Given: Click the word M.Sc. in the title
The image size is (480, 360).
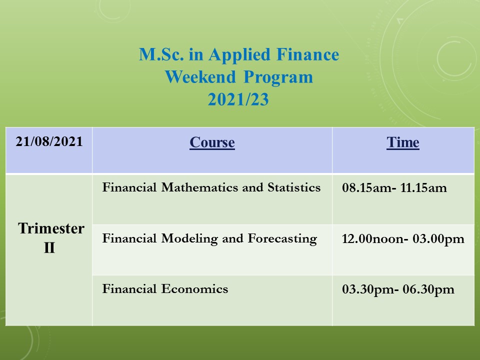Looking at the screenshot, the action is tap(161, 54).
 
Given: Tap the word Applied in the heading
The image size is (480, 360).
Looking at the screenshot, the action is tap(239, 55).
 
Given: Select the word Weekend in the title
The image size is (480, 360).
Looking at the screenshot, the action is tap(200, 77).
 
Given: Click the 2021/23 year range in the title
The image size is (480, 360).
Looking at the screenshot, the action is tap(238, 99).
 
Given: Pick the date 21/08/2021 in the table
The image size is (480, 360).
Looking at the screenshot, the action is tap(49, 141).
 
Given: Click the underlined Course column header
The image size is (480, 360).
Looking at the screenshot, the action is tap(212, 142).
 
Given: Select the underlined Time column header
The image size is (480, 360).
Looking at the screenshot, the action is tap(403, 142).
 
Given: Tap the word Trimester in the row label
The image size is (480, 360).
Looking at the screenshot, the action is tap(51, 228).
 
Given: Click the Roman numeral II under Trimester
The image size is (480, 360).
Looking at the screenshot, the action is tap(49, 247).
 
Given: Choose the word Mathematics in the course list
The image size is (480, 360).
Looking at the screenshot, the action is tap(200, 187).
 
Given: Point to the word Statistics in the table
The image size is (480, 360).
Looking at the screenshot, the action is tap(294, 187).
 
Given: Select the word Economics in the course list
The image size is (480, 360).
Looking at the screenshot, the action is tap(194, 289).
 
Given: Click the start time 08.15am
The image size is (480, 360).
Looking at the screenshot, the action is tap(366, 187).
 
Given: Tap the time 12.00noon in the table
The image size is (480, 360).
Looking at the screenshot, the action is tap(373, 239).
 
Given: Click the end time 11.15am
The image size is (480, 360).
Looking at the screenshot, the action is tap(423, 187).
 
